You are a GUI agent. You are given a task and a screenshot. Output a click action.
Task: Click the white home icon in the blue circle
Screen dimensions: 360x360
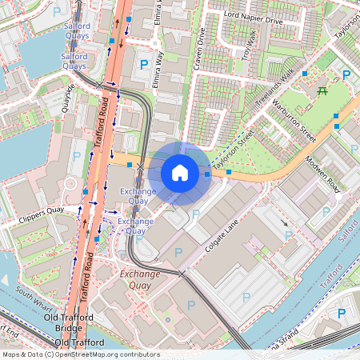coord(180,172)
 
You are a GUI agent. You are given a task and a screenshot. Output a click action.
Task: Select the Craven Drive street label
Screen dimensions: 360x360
coord(201,47)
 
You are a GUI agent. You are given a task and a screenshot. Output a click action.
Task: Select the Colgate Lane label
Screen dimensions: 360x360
coord(222,238)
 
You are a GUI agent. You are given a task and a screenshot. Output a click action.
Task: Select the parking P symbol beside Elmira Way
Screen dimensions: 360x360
coord(144,64)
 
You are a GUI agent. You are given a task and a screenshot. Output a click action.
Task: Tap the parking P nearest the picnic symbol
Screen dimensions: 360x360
coord(346,76)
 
